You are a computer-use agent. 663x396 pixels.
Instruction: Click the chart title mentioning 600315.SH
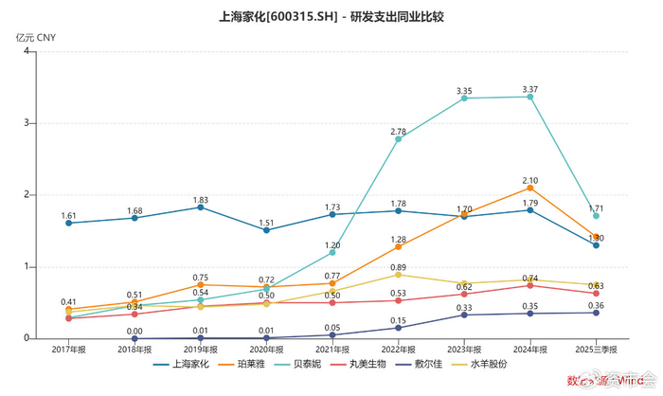(x=331, y=16)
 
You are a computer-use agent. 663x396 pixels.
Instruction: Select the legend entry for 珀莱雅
(x=248, y=363)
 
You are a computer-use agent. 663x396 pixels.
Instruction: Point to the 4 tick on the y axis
(x=28, y=51)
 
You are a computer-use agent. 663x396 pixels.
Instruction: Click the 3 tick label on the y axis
(x=28, y=123)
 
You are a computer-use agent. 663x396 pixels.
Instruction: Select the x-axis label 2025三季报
(x=595, y=350)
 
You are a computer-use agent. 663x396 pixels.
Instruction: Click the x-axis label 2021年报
(x=331, y=350)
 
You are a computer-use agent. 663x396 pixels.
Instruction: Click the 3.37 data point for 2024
(x=529, y=97)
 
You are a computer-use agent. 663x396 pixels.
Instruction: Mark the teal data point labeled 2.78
(x=398, y=139)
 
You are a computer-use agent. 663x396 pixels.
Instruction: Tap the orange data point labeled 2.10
(x=529, y=188)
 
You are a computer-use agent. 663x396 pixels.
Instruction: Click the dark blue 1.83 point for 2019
(x=200, y=207)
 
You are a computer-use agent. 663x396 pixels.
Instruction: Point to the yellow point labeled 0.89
(x=398, y=275)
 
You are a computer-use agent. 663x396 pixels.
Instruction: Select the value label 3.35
(x=463, y=92)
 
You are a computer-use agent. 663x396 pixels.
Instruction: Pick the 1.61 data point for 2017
(x=68, y=223)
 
